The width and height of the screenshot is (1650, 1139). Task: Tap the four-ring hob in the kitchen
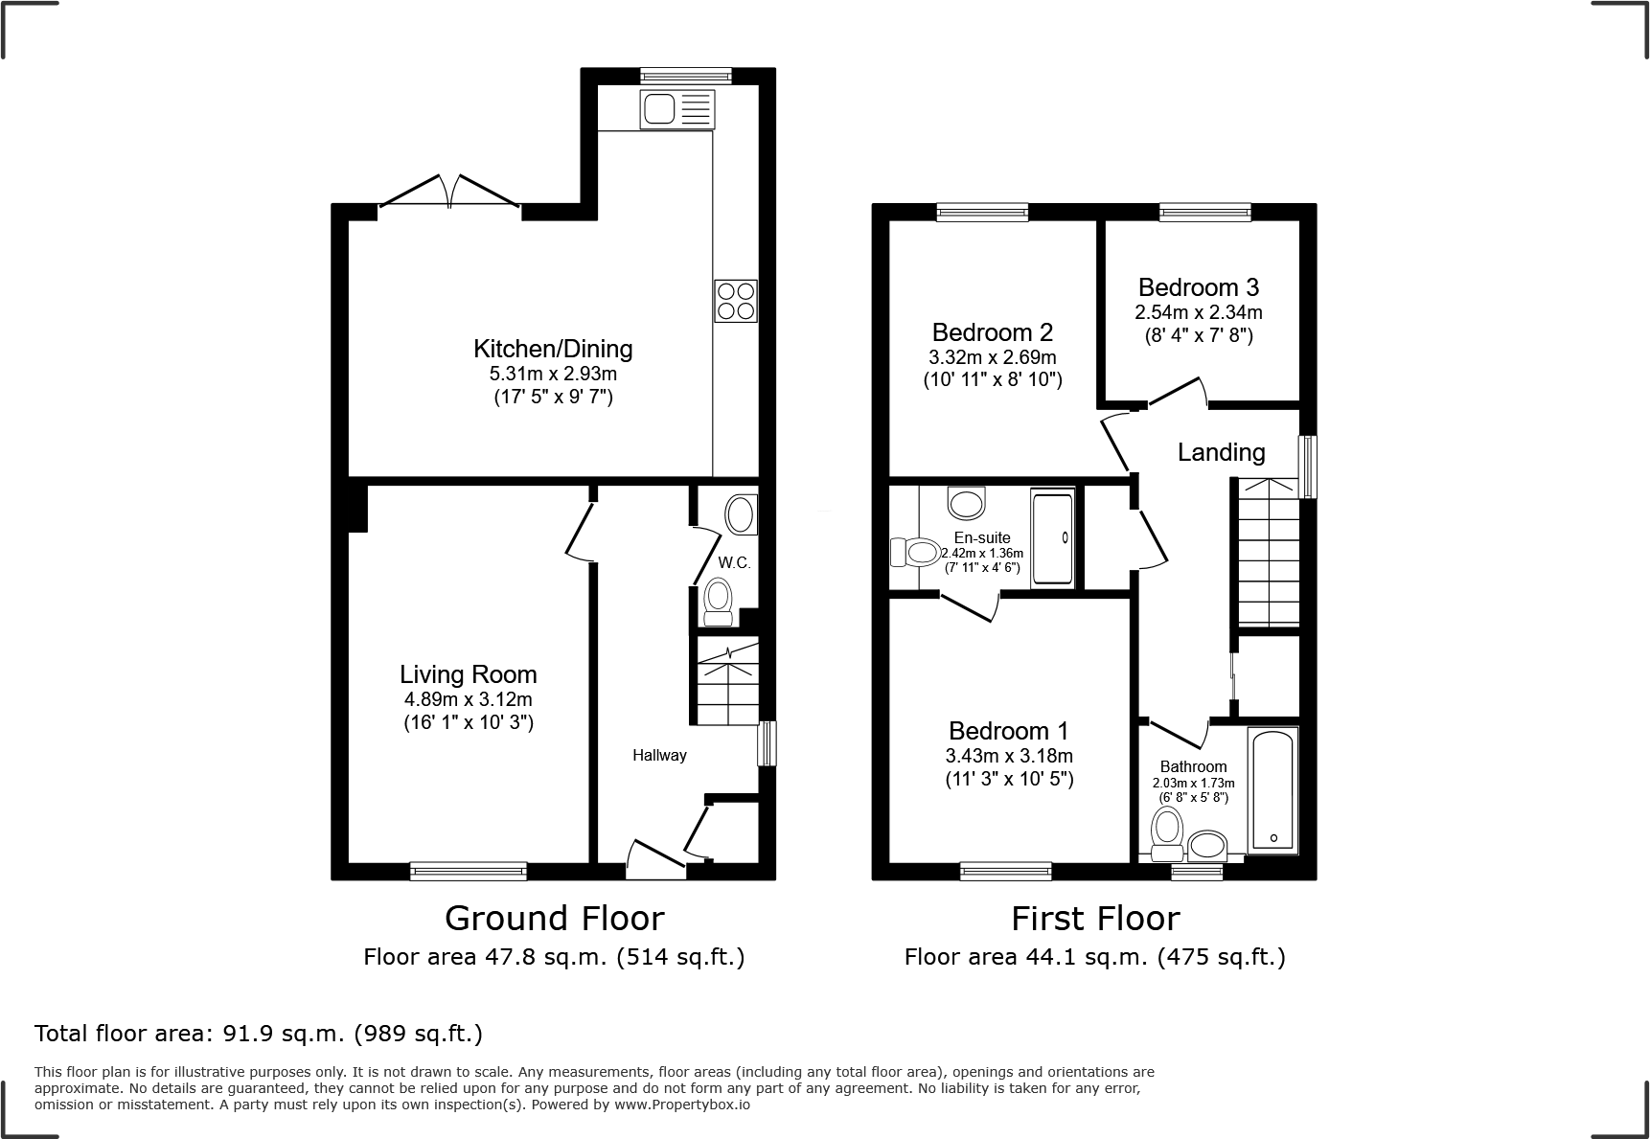pyautogui.click(x=735, y=300)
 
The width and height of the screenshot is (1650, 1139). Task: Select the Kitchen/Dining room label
pyautogui.click(x=553, y=348)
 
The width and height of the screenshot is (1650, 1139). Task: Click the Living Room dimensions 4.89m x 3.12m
pyautogui.click(x=468, y=699)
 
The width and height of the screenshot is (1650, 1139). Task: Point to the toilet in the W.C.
pyautogui.click(x=718, y=602)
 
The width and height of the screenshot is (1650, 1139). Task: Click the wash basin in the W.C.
pyautogui.click(x=741, y=515)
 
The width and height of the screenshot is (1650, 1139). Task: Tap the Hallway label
pyautogui.click(x=659, y=755)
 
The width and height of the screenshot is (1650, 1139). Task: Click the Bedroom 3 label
pyautogui.click(x=1198, y=287)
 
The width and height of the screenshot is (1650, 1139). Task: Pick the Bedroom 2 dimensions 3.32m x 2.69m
pyautogui.click(x=992, y=356)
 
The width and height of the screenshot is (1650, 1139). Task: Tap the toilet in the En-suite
pyautogui.click(x=915, y=552)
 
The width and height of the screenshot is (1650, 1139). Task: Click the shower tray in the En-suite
pyautogui.click(x=1052, y=538)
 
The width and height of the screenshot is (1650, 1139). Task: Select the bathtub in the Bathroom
pyautogui.click(x=1272, y=789)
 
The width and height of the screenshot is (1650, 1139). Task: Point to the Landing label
pyautogui.click(x=1221, y=452)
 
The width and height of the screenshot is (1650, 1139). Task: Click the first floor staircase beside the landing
pyautogui.click(x=1268, y=556)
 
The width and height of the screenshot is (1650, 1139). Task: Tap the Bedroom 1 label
pyautogui.click(x=1008, y=731)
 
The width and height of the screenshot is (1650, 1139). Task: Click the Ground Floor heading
pyautogui.click(x=554, y=918)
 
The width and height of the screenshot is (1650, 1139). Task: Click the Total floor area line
pyautogui.click(x=259, y=1034)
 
